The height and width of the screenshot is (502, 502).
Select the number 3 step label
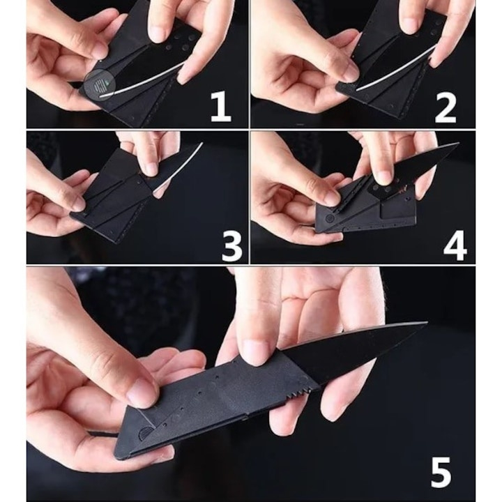tap(231, 245)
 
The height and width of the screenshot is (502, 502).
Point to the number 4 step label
tap(454, 245)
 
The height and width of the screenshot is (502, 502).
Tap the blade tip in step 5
tap(425, 324)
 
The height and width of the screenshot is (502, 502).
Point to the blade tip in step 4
tap(456, 145)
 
